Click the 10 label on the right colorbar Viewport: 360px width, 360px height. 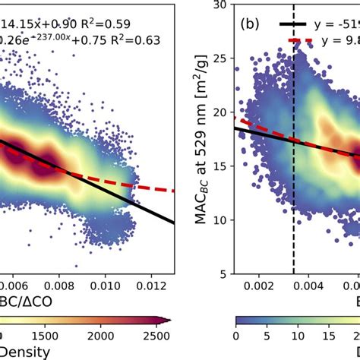coord(308,334)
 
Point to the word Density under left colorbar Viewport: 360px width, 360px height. coord(26,352)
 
